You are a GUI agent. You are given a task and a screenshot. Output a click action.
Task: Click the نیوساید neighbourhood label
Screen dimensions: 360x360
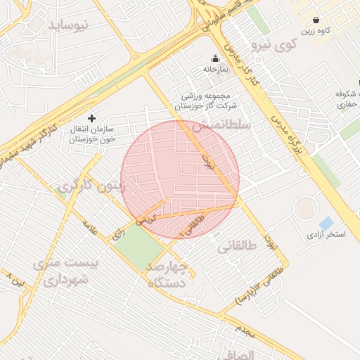point(69,25)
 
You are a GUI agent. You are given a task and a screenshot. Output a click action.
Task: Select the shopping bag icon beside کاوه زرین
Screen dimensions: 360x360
point(316,20)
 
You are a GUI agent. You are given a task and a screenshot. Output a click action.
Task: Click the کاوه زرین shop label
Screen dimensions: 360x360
point(316,32)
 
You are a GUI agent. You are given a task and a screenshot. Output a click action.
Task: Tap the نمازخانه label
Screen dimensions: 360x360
point(214,70)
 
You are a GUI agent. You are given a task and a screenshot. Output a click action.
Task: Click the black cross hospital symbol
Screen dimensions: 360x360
point(91,118)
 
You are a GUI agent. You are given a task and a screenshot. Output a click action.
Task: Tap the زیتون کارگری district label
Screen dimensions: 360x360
point(91,186)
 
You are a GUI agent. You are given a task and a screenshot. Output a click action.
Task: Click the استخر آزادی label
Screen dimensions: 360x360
point(326,234)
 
